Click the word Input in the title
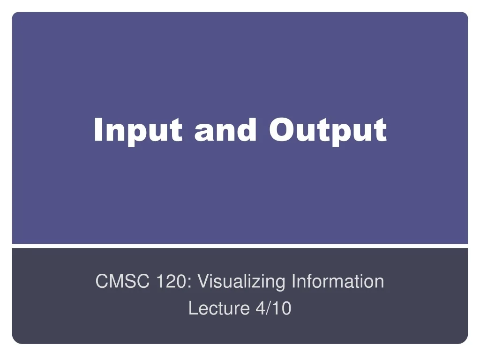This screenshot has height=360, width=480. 138,132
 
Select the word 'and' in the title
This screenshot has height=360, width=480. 225,130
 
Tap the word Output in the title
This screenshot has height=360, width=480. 328,132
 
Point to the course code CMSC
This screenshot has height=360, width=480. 122,281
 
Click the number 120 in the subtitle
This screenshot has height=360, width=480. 171,281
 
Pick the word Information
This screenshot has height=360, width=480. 338,281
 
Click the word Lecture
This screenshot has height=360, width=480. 219,308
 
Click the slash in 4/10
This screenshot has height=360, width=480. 269,308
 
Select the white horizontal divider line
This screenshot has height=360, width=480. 240,246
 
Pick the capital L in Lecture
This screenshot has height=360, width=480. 194,308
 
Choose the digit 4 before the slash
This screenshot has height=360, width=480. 260,308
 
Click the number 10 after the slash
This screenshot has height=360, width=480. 282,308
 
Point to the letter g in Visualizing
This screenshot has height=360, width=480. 279,285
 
